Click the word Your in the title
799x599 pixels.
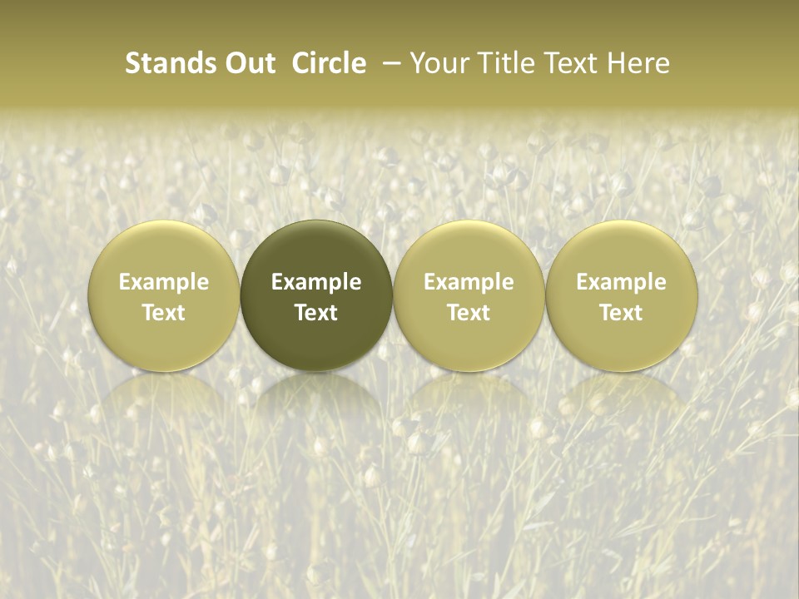pos(438,63)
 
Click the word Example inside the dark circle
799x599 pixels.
pos(316,282)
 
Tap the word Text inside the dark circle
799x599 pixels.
pos(316,313)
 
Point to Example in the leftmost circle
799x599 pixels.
pos(164,282)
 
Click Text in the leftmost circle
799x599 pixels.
pos(164,313)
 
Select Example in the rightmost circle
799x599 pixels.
pos(621,282)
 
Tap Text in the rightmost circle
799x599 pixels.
pos(621,313)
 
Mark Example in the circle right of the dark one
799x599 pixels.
pos(469,282)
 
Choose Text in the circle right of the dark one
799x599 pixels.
pos(469,313)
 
